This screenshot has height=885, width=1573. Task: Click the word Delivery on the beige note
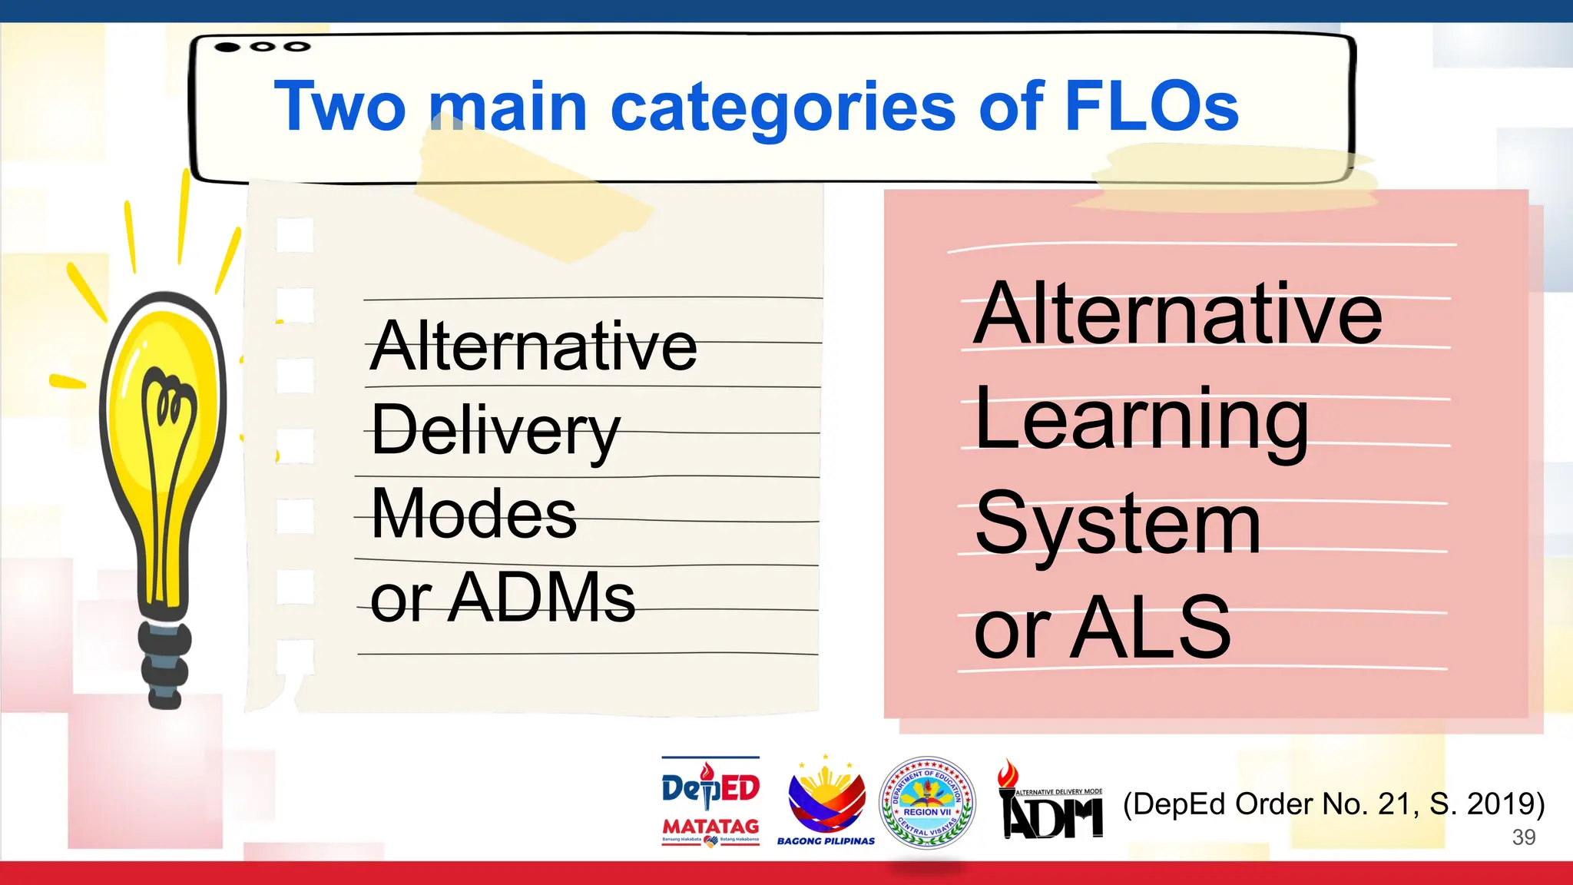pyautogui.click(x=495, y=430)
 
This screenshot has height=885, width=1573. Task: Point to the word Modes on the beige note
pyautogui.click(x=473, y=513)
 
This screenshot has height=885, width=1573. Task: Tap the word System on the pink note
pyautogui.click(x=1118, y=525)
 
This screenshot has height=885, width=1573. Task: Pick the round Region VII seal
pyautogui.click(x=927, y=803)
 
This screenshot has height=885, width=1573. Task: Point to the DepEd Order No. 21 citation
pyautogui.click(x=1333, y=804)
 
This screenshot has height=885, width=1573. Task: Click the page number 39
pyautogui.click(x=1523, y=837)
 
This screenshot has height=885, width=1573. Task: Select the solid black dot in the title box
pyautogui.click(x=227, y=47)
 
